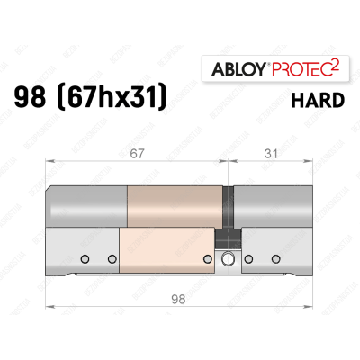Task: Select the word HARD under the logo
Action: [317, 100]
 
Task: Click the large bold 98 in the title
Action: [35, 97]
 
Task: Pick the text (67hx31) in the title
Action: [114, 98]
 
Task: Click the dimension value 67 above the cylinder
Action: [137, 155]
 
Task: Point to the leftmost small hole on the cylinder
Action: [85, 260]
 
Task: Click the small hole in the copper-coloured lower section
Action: [208, 260]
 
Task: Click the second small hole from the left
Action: [112, 260]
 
